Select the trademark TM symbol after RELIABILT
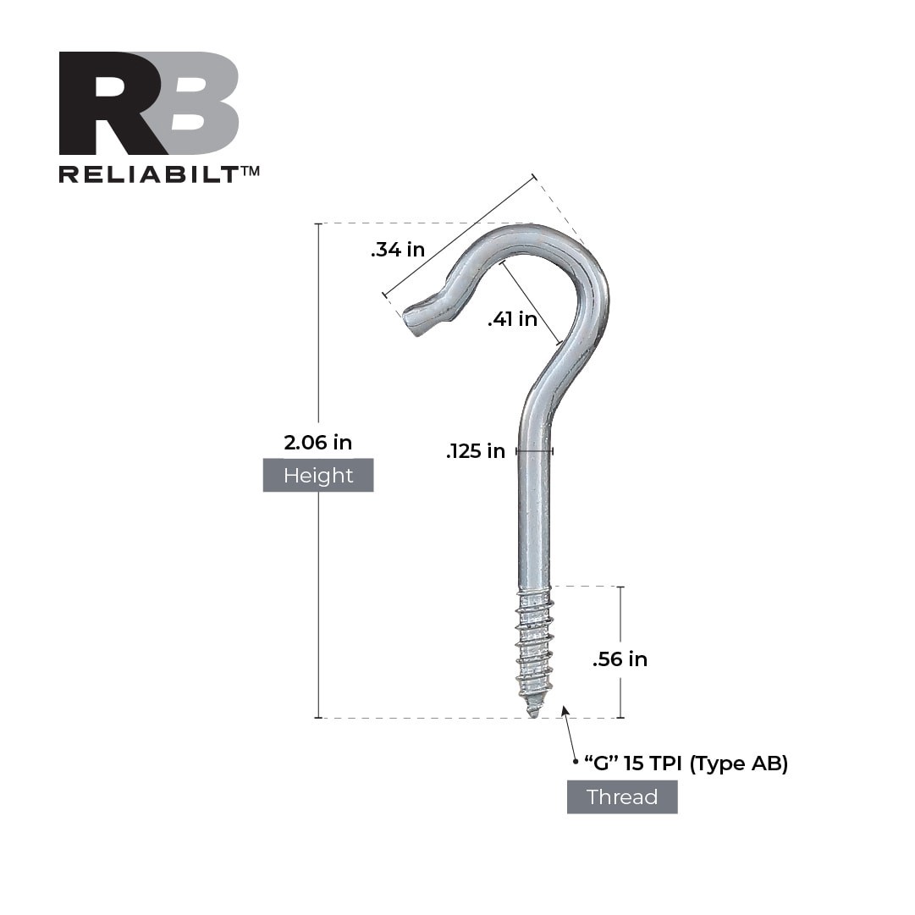click(251, 171)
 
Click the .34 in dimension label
click(397, 250)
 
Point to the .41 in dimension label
click(512, 319)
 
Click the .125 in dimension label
click(475, 451)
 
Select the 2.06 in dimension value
click(317, 442)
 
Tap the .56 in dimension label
click(620, 659)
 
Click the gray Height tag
click(317, 476)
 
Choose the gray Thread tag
click(621, 797)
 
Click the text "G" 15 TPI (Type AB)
click(686, 763)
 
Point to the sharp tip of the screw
click(532, 714)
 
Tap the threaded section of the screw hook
click(533, 643)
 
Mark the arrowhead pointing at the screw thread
click(565, 711)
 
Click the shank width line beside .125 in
click(534, 451)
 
